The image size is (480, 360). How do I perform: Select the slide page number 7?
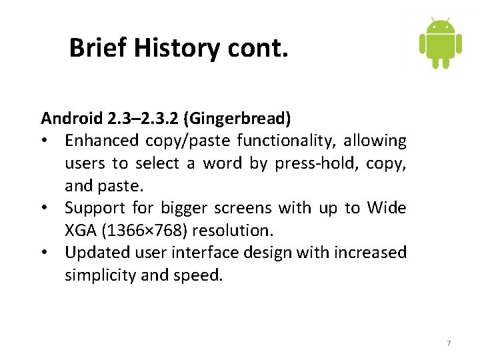click(449, 343)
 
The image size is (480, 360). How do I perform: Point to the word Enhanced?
click(101, 141)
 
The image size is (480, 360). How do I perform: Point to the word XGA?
click(79, 231)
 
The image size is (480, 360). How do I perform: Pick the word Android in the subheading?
click(71, 119)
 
